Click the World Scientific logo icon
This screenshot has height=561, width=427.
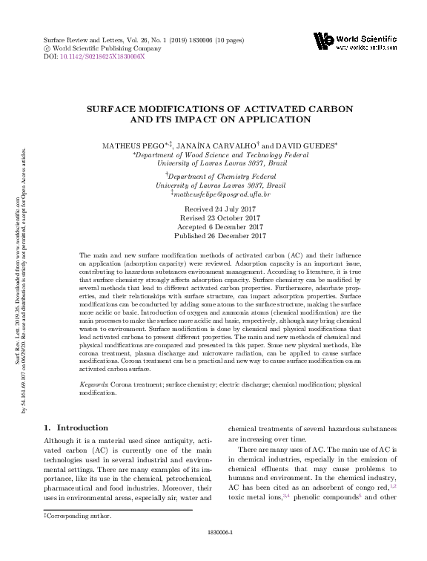(323, 42)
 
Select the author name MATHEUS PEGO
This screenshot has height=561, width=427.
(128, 146)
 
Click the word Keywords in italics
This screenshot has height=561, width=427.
(94, 385)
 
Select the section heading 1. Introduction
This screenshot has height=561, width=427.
(76, 428)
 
